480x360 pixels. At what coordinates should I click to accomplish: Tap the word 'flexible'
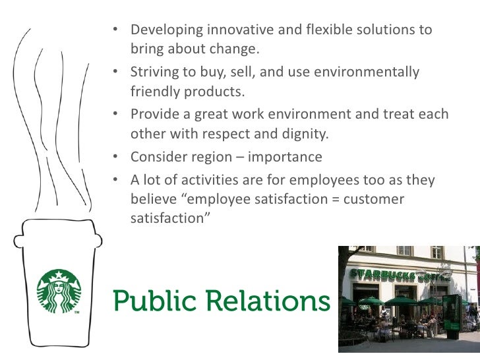click(x=324, y=30)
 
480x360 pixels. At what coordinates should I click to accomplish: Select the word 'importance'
click(x=284, y=157)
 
